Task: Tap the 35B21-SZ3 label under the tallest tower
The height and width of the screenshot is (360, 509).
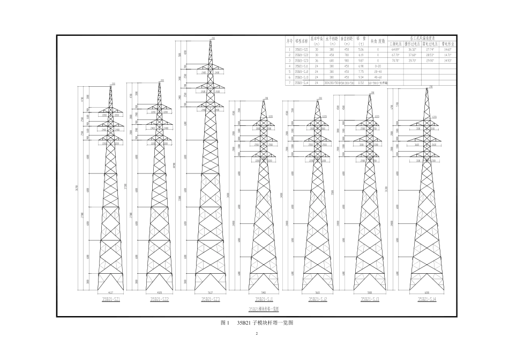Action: click(211, 299)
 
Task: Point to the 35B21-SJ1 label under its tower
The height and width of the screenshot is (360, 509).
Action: click(264, 299)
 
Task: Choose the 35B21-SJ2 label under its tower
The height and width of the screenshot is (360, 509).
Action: click(317, 299)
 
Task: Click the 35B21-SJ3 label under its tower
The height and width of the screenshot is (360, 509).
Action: click(370, 299)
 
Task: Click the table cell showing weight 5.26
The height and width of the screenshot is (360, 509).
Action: click(361, 49)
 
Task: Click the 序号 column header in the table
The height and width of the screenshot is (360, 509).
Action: click(289, 40)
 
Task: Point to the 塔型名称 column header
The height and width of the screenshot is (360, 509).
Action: click(302, 40)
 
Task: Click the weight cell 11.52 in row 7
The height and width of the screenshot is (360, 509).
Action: click(361, 82)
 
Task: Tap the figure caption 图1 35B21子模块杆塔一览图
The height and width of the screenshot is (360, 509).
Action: click(257, 323)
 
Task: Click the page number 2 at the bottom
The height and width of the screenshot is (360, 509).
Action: click(257, 335)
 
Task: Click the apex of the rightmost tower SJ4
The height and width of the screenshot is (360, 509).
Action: click(427, 88)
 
